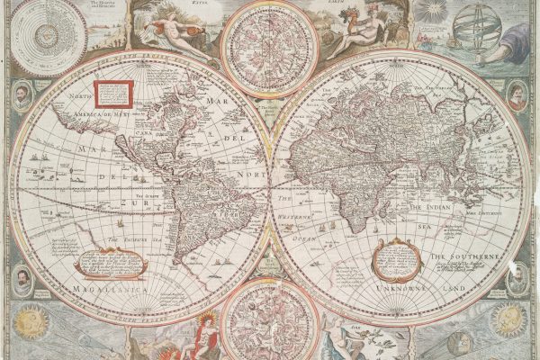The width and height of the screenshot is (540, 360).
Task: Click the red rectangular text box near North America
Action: (114, 93)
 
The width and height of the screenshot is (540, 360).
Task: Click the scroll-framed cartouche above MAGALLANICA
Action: (109, 262)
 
